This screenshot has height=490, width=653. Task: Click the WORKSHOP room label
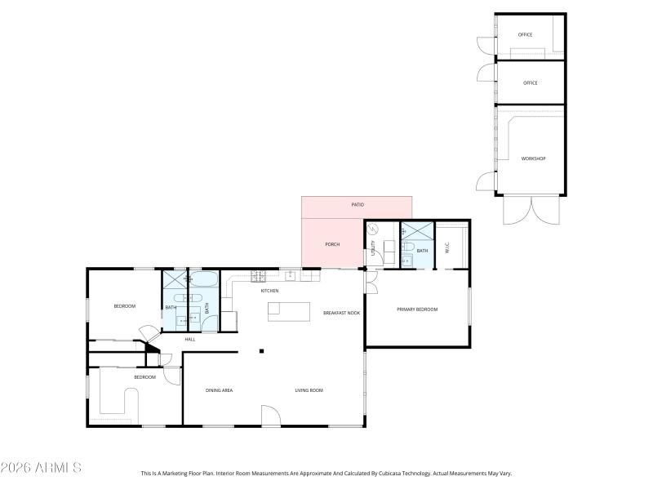point(533,158)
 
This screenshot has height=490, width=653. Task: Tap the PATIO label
point(358,204)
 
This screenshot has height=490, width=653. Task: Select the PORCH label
point(332,244)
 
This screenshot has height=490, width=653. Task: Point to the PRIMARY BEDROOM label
point(417,310)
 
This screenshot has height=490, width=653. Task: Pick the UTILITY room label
point(373,247)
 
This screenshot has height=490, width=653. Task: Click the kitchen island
point(290,311)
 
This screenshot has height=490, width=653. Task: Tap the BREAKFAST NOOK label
point(341,313)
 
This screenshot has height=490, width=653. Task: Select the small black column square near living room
point(261,352)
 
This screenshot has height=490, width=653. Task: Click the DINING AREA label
point(219,390)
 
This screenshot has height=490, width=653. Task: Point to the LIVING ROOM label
point(309,390)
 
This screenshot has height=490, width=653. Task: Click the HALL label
point(189,339)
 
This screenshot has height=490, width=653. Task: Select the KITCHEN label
point(269,291)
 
